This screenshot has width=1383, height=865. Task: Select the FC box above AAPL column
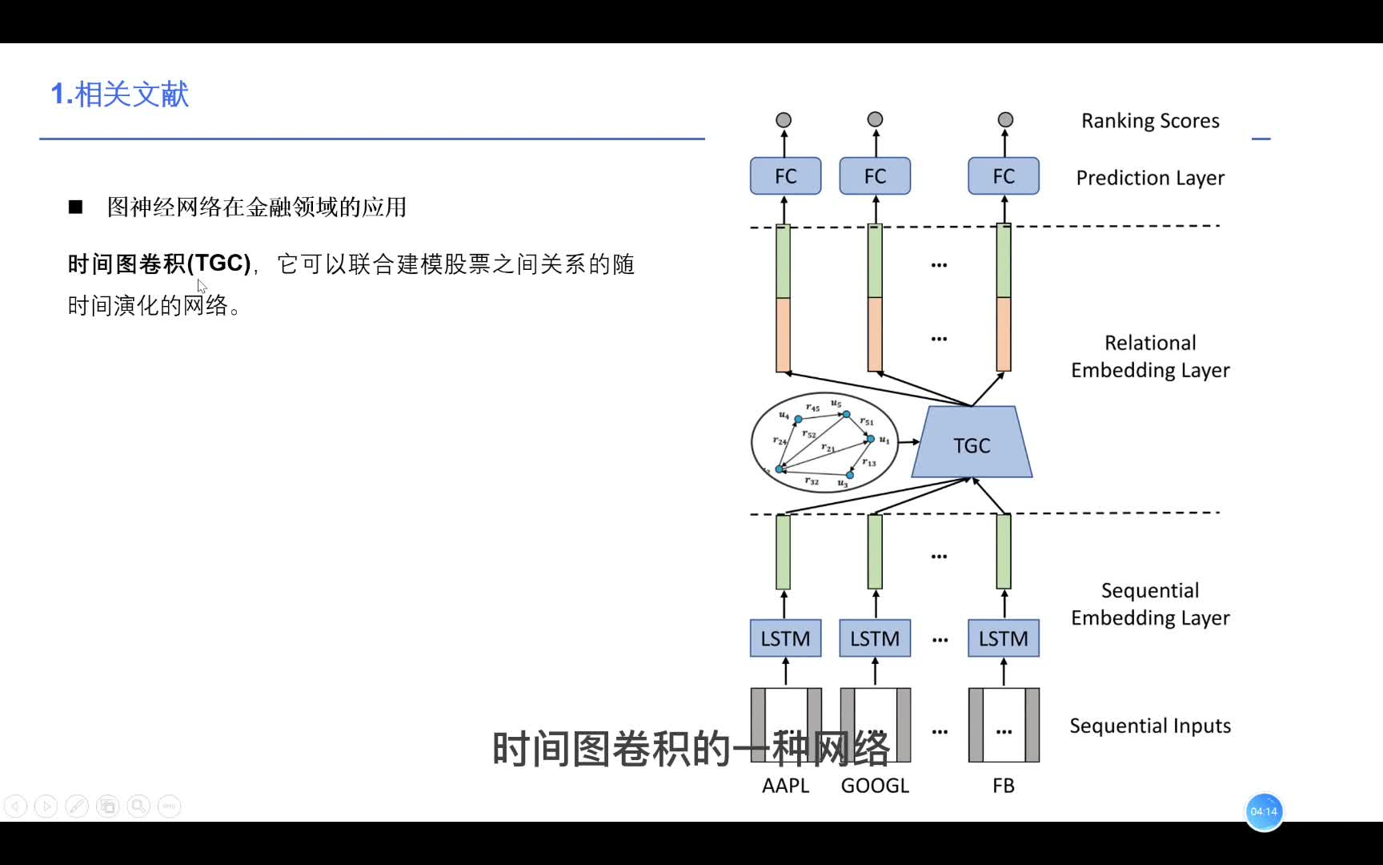click(x=785, y=176)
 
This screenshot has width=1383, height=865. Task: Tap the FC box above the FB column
click(x=1003, y=176)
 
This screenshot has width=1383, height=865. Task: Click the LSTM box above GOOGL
click(x=875, y=638)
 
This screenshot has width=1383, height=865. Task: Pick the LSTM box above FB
click(x=1003, y=638)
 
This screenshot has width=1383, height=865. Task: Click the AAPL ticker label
click(x=785, y=786)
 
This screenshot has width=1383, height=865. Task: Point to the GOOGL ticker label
click(x=875, y=786)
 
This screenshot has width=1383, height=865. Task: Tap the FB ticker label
click(x=1003, y=786)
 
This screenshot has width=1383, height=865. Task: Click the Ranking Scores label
click(x=1150, y=121)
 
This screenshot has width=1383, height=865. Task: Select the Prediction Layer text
click(x=1150, y=178)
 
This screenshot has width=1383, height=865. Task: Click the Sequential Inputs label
click(x=1150, y=726)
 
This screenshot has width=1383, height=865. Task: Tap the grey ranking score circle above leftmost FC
click(x=784, y=120)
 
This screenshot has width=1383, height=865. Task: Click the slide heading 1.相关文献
click(x=120, y=95)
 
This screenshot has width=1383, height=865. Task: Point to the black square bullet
click(x=76, y=207)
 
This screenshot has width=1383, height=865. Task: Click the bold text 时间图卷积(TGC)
click(x=159, y=264)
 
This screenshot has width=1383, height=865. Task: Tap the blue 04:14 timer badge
click(x=1264, y=811)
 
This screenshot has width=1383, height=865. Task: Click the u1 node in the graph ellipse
click(x=871, y=439)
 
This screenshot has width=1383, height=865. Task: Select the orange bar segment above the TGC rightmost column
click(x=1003, y=334)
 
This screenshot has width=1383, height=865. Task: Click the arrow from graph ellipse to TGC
click(x=909, y=441)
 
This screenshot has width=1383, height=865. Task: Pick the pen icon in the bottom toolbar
click(x=77, y=806)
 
